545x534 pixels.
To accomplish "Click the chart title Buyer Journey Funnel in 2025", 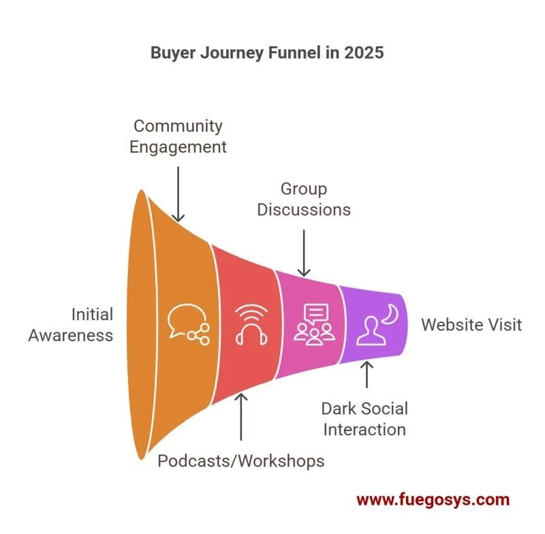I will pyautogui.click(x=267, y=53).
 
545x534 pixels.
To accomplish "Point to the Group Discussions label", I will pyautogui.click(x=304, y=199).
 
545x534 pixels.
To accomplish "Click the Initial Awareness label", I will pyautogui.click(x=71, y=325).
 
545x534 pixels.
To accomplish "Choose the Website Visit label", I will pyautogui.click(x=471, y=324).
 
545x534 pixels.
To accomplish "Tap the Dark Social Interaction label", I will pyautogui.click(x=364, y=418).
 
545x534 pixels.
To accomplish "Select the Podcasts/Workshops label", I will pyautogui.click(x=240, y=461).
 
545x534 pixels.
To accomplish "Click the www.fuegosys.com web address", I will pyautogui.click(x=433, y=500).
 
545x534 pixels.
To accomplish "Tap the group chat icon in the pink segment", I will pyautogui.click(x=314, y=323).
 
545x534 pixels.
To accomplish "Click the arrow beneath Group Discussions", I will pyautogui.click(x=304, y=251).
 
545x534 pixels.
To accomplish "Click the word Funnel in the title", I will pyautogui.click(x=298, y=53).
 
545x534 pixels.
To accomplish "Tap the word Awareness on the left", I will pyautogui.click(x=71, y=335).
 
